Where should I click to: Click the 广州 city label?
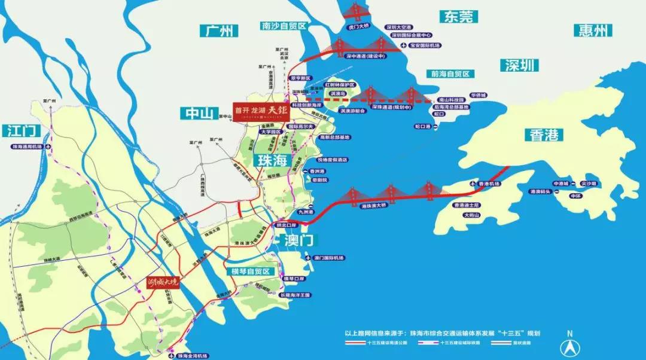coord(219,31)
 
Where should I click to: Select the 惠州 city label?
coord(593,30)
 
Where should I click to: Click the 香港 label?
coord(544,135)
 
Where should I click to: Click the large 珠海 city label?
coord(274,160)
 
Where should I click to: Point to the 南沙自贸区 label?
coord(284,26)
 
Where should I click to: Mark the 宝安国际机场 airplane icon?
coord(403,45)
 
